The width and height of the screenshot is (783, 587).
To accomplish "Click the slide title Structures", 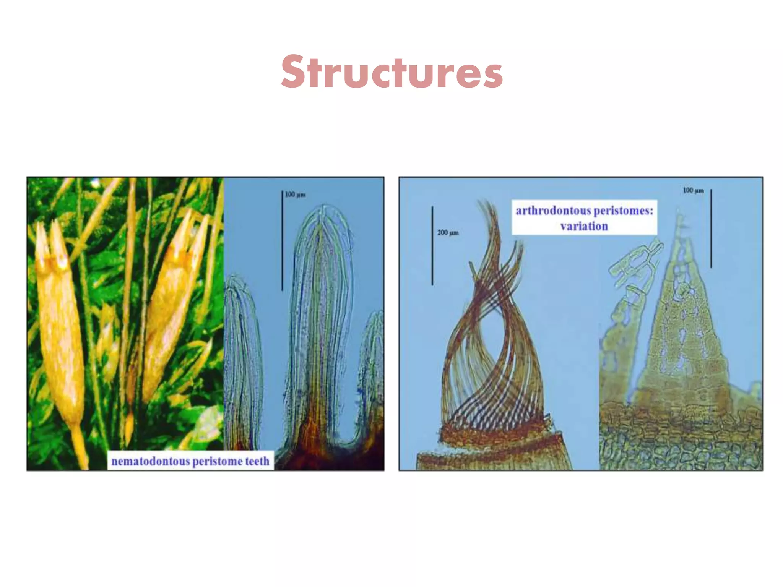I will (x=391, y=72).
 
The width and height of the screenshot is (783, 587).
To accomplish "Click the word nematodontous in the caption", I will (x=150, y=461).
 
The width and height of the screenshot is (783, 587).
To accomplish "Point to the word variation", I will (x=584, y=226).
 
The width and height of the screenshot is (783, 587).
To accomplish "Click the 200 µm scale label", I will (x=448, y=232).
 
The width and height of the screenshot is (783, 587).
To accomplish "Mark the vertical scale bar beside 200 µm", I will (x=432, y=245).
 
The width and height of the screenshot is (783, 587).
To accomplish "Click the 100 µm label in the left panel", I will (x=295, y=195).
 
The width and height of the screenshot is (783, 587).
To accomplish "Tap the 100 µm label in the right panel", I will (x=693, y=190).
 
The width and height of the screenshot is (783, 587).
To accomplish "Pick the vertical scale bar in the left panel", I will (x=283, y=241).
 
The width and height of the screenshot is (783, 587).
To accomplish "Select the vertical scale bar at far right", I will (x=711, y=228).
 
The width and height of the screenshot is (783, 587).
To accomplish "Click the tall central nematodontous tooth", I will (x=321, y=306).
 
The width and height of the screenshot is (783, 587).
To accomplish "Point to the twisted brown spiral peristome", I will (x=493, y=336).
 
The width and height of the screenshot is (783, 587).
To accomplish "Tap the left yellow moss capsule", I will (x=59, y=325).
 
